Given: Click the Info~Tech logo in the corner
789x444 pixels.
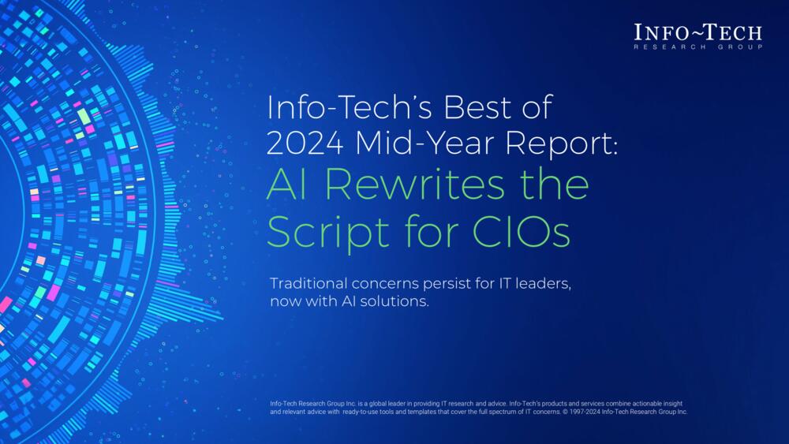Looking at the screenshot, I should pos(698,32).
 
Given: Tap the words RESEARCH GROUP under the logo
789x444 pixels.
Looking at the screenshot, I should pos(698,47).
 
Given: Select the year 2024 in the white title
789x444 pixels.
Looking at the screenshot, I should pos(301,143).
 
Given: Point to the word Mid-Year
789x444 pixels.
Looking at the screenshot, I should pos(402,143).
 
